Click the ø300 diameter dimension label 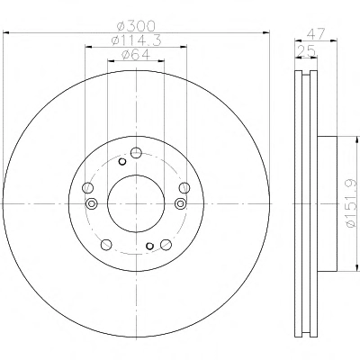tap(136, 26)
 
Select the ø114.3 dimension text tap(136, 40)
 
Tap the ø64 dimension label tap(136, 55)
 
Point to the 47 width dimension tap(316, 33)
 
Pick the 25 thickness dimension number tap(306, 50)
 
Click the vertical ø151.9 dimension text tap(352, 203)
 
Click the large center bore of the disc tap(136, 203)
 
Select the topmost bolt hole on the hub tap(136, 153)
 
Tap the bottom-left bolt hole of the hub tap(106, 245)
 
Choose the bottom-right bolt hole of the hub tap(166, 245)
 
